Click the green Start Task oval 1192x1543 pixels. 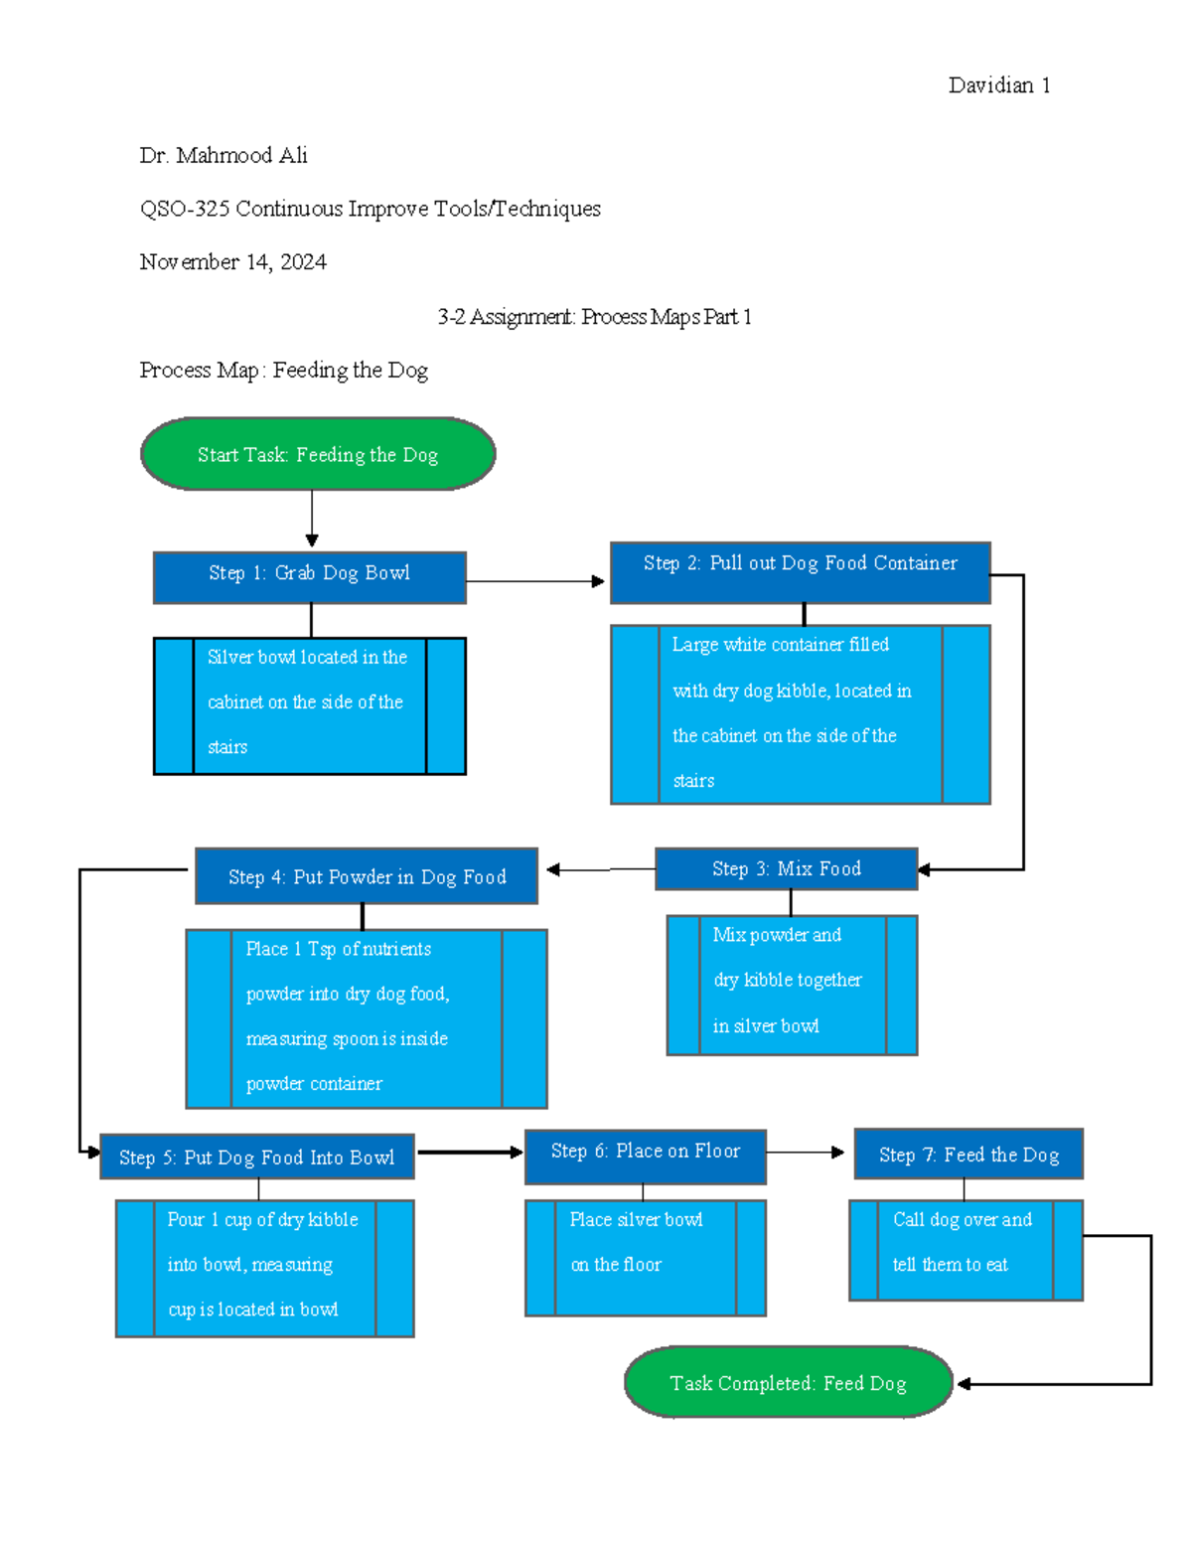318,454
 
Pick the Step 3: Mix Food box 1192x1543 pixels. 786,868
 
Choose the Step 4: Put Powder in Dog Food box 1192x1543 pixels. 367,875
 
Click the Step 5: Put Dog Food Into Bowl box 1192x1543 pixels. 256,1157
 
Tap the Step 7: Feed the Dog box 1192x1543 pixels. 968,1154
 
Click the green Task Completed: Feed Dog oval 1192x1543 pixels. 788,1382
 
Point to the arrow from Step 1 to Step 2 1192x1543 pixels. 536,581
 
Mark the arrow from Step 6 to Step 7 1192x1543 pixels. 806,1153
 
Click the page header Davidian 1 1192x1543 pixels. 998,85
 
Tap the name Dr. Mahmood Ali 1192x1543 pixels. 223,156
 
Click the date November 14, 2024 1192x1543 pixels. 232,262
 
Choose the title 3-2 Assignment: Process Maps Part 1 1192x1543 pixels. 594,317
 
